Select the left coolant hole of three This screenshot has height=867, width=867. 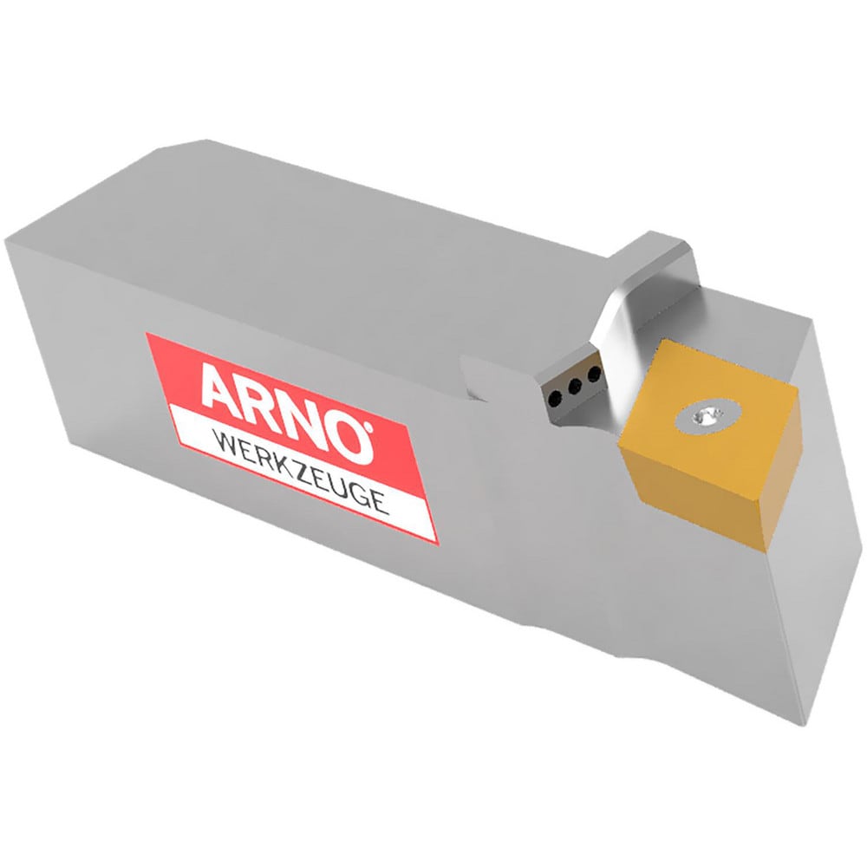click(x=554, y=398)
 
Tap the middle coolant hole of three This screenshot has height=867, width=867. click(x=575, y=388)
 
